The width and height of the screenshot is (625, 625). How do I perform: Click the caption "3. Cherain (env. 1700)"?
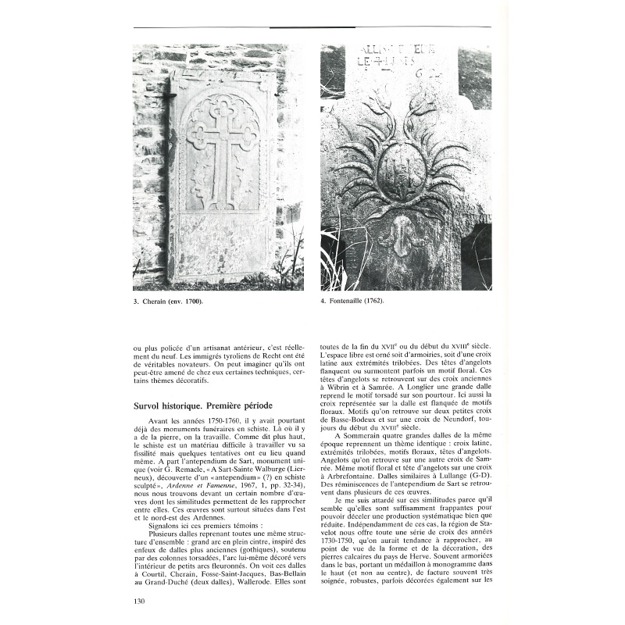point(168,302)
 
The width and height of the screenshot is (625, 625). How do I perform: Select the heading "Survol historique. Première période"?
point(203,406)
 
